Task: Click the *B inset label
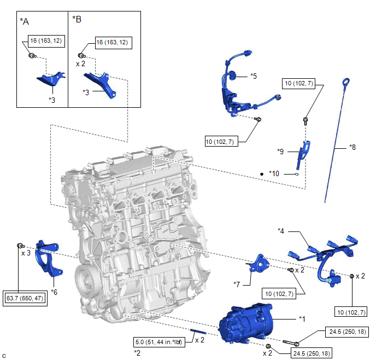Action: pyautogui.click(x=77, y=20)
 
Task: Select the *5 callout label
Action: pyautogui.click(x=253, y=76)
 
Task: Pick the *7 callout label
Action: pyautogui.click(x=237, y=284)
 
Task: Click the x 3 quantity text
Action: pyautogui.click(x=26, y=253)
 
